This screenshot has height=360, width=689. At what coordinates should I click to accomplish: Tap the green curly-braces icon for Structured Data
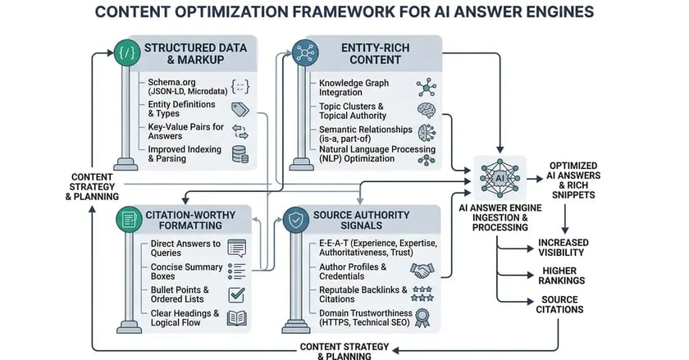(x=126, y=55)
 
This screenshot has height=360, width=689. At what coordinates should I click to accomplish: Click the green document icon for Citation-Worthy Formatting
(x=127, y=218)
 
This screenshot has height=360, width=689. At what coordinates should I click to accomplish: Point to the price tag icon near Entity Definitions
(x=240, y=110)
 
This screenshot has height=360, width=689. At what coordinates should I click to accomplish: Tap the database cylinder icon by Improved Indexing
(x=240, y=155)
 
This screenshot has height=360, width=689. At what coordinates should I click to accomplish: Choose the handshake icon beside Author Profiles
(x=423, y=271)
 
